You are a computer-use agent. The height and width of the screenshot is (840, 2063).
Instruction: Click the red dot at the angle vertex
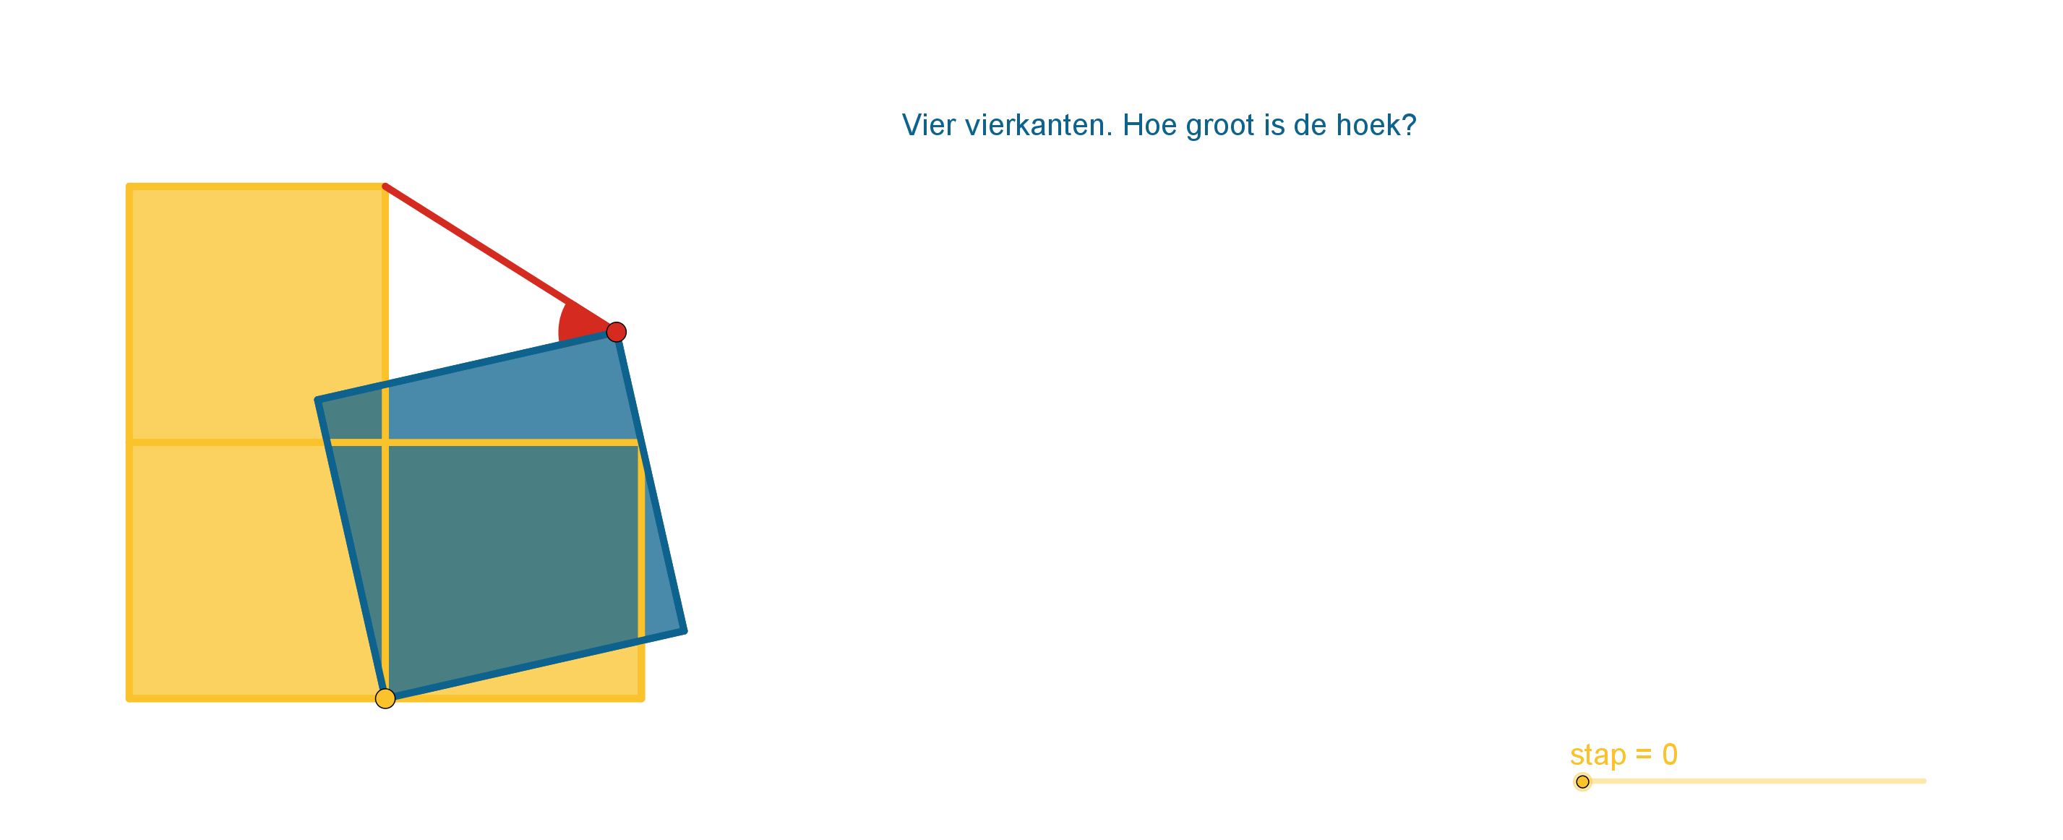point(616,332)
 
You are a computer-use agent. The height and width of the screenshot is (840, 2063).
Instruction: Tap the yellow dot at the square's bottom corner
point(385,698)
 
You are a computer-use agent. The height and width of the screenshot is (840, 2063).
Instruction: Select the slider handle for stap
point(1582,781)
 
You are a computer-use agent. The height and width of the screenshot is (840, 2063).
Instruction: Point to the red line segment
point(500,259)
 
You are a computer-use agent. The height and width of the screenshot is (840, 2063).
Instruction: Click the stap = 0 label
point(1624,754)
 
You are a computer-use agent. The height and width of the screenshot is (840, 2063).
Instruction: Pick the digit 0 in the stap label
point(1670,753)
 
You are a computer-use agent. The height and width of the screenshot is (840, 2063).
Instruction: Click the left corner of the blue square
point(318,400)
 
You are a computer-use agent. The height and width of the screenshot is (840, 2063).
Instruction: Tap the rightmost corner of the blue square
point(684,631)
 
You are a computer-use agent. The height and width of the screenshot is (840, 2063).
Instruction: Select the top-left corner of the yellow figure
point(129,187)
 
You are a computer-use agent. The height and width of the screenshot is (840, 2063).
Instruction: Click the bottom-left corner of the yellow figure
point(129,699)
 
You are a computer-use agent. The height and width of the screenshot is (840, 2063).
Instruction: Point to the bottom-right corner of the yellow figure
point(641,699)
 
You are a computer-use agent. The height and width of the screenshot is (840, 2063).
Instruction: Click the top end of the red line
point(385,187)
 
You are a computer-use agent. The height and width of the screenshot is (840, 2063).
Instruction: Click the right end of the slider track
point(1924,781)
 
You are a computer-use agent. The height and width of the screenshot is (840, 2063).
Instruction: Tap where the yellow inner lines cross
point(385,442)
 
